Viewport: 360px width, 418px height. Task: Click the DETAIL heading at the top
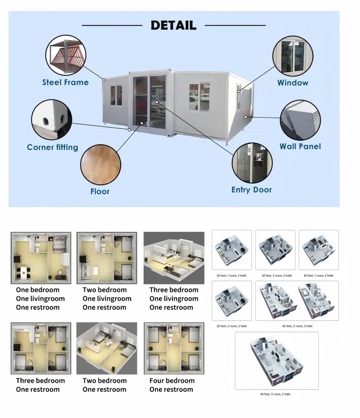coord(173,25)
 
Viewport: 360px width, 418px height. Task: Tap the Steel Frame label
coord(65,82)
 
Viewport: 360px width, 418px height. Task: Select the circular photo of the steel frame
coord(67,54)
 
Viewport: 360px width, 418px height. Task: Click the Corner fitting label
coord(52,147)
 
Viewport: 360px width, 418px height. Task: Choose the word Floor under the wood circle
coord(100,191)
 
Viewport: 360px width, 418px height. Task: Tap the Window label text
coord(293,82)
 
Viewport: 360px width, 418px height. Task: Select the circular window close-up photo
coord(293,55)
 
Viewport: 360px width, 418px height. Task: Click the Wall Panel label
coord(300,146)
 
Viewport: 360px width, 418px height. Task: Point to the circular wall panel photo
coord(300,119)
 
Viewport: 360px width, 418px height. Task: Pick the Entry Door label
coord(251,190)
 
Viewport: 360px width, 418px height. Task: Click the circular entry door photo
coord(252,163)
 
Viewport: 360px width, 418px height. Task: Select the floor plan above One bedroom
coord(41,258)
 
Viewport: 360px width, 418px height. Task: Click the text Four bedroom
coord(171,381)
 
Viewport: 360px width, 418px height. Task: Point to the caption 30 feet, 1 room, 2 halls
coord(318,276)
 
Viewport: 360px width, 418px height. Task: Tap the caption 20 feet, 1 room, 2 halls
coord(232,276)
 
